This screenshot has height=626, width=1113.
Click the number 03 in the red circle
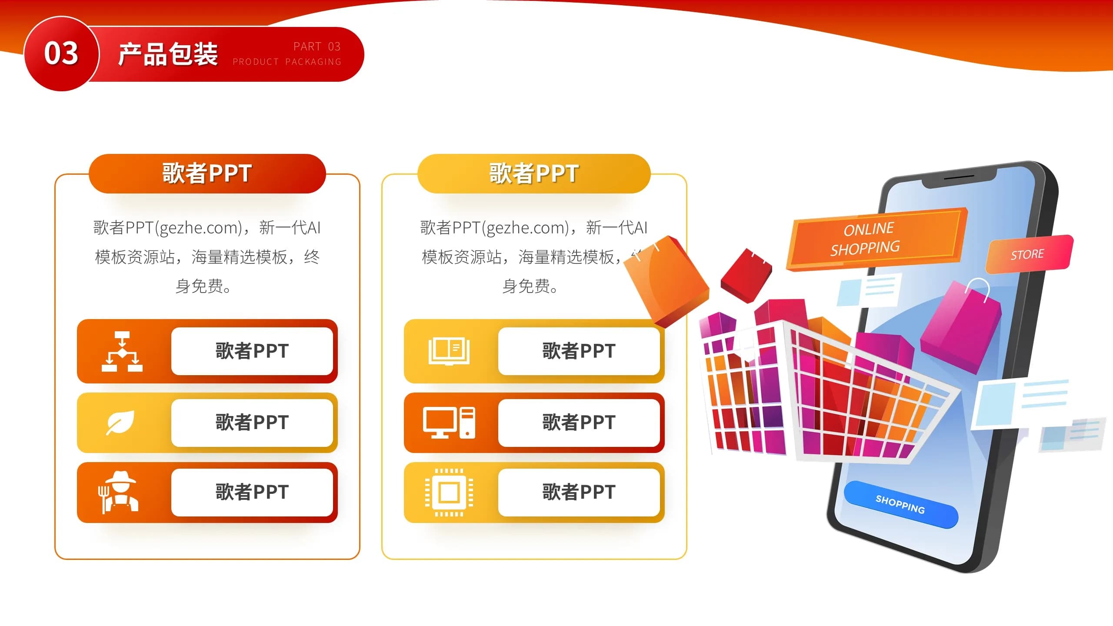tap(61, 53)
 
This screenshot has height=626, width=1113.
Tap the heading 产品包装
tap(168, 54)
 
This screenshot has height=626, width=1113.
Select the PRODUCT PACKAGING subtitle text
tap(287, 62)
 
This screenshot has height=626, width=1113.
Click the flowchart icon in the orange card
tap(122, 351)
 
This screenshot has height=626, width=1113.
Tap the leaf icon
tap(120, 422)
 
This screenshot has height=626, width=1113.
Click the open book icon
tap(449, 351)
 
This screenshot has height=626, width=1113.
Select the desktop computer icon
tap(449, 423)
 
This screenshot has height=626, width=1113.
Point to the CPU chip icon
tap(449, 493)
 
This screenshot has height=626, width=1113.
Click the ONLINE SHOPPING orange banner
tap(876, 239)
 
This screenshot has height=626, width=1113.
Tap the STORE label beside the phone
tap(1029, 254)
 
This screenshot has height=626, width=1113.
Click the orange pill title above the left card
tap(207, 173)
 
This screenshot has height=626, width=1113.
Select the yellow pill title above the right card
tap(534, 173)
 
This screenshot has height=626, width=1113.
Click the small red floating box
tap(746, 276)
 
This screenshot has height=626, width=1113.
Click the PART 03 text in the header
tap(317, 47)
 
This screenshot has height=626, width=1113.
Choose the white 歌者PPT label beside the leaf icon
tap(252, 423)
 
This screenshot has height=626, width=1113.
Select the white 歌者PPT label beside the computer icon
tap(579, 423)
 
